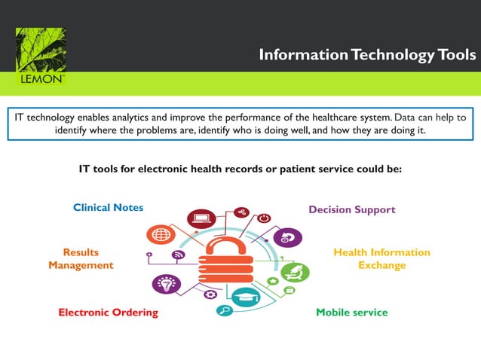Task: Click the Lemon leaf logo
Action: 41,56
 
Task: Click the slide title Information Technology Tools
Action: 367,55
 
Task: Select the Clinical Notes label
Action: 108,207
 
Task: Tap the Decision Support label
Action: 351,209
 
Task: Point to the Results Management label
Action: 81,258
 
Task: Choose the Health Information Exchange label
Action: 381,258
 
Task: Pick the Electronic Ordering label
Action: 109,312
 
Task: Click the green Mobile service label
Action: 351,312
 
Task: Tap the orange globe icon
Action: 161,235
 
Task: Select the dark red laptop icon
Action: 202,220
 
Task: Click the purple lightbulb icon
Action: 166,284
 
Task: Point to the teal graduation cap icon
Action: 245,298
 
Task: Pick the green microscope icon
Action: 295,272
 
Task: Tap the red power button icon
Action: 264,218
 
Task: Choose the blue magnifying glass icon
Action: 224,310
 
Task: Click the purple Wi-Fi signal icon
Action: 179,255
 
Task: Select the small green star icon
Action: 272,281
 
